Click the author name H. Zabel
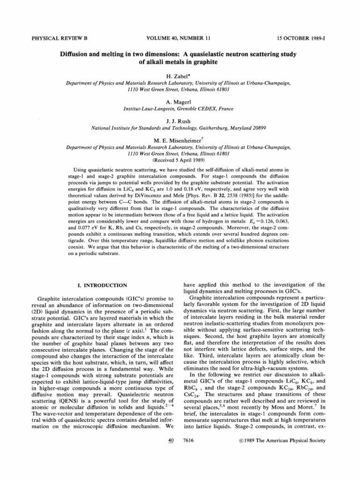pyautogui.click(x=180, y=75)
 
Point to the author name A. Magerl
pyautogui.click(x=180, y=100)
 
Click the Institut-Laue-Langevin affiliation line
pyautogui.click(x=180, y=108)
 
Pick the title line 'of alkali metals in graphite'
pyautogui.click(x=180, y=62)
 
